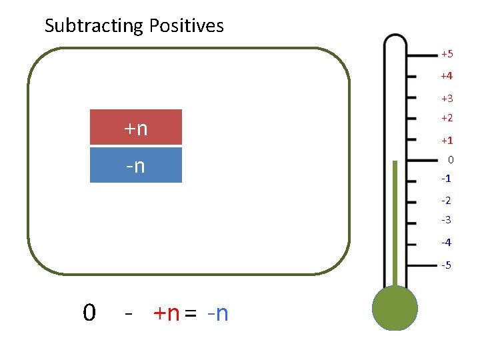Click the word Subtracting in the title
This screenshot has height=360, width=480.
(93, 26)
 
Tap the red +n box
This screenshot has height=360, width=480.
(136, 127)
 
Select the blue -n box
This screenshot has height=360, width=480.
(136, 165)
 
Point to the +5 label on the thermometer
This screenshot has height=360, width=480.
(447, 53)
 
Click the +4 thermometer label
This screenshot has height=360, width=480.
(447, 76)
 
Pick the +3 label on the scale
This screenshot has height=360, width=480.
(447, 99)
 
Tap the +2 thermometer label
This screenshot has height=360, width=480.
(447, 118)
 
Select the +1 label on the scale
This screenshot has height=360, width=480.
(447, 141)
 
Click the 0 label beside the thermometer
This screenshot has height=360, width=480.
(451, 160)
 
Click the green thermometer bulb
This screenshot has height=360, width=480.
(395, 309)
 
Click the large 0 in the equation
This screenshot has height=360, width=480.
(89, 312)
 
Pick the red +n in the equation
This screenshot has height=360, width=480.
(166, 313)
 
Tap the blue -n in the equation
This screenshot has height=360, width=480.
(217, 313)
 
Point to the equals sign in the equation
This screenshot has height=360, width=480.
(191, 313)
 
